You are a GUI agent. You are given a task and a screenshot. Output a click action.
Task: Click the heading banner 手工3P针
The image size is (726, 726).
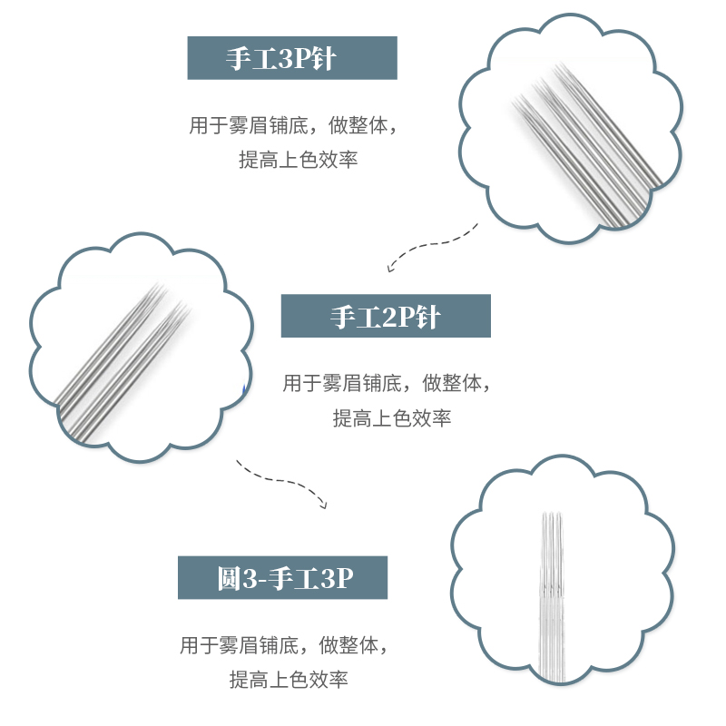pyautogui.click(x=292, y=58)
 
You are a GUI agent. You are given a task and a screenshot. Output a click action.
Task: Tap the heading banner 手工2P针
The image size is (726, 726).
pyautogui.click(x=386, y=317)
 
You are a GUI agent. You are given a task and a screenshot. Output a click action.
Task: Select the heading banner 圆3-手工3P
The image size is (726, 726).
pyautogui.click(x=282, y=577)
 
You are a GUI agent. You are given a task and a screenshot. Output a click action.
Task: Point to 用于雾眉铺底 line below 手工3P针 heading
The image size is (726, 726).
pyautogui.click(x=292, y=126)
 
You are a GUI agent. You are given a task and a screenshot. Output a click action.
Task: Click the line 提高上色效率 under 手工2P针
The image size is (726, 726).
pyautogui.click(x=391, y=418)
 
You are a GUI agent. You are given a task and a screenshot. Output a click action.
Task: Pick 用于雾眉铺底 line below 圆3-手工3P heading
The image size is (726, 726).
pyautogui.click(x=283, y=646)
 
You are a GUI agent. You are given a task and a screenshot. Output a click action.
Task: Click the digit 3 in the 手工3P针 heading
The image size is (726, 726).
pyautogui.click(x=281, y=58)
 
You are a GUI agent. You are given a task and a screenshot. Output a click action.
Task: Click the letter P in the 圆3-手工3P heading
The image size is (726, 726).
pyautogui.click(x=340, y=578)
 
